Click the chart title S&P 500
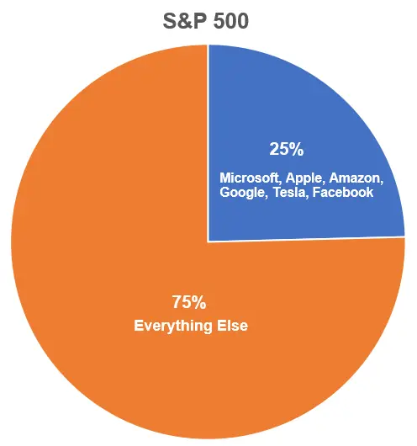(206, 21)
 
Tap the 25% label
(287, 149)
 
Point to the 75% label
(189, 302)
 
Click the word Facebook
(343, 192)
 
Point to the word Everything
(173, 326)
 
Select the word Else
(232, 326)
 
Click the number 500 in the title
(231, 21)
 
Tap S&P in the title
(184, 21)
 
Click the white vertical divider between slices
(208, 143)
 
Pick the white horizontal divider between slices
(306, 239)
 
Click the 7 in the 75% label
(177, 302)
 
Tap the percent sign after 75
(199, 302)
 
